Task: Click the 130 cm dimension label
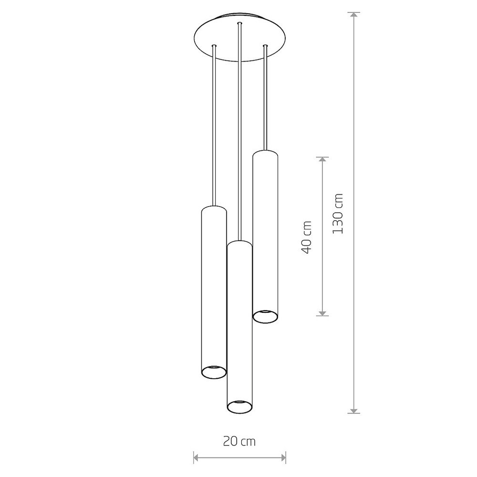tap(338, 214)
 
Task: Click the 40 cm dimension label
tap(306, 237)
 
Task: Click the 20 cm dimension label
tap(239, 441)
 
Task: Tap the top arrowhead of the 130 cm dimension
tap(353, 15)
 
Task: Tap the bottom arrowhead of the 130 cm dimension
tap(353, 410)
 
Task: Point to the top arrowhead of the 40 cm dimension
tap(322, 160)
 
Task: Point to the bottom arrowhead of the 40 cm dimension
tap(322, 313)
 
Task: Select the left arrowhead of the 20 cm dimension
tap(197, 457)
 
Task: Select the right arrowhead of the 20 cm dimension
tap(282, 457)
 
